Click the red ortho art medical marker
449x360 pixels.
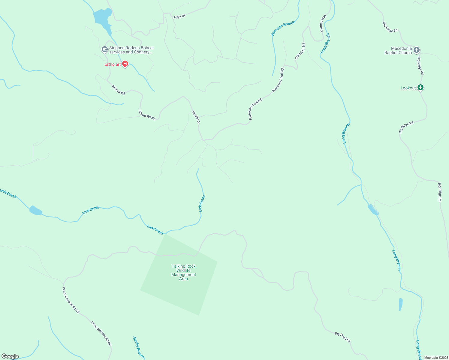pos(125,64)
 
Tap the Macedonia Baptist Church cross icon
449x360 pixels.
pos(416,50)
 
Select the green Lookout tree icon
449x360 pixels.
pos(421,88)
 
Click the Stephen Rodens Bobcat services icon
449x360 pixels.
pos(104,49)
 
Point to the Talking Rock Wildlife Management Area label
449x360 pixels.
pos(184,272)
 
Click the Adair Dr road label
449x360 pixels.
pos(179,17)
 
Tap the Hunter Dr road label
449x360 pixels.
pos(196,117)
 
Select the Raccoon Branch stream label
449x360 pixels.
pos(283,28)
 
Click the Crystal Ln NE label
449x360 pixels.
pos(300,51)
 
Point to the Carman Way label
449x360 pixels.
pos(323,23)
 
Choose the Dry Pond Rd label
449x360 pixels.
pos(343,337)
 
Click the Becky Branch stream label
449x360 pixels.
pos(139,348)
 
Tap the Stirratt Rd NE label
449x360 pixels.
pos(147,115)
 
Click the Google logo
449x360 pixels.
pos(10,356)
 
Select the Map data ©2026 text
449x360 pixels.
pos(436,358)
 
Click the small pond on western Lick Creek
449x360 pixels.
pos(35,211)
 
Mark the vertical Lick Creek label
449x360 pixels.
pos(202,203)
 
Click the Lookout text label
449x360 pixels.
pos(408,88)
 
